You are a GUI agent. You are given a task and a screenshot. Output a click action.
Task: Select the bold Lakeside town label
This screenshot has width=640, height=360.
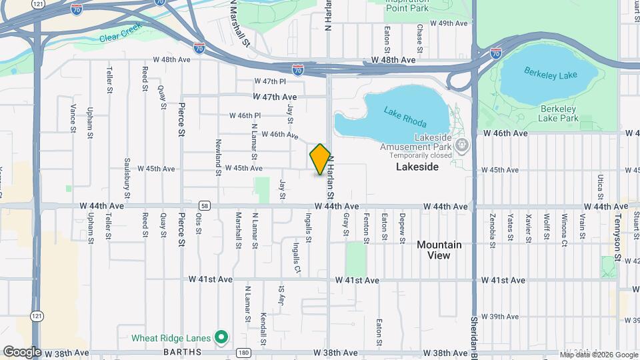click(417, 167)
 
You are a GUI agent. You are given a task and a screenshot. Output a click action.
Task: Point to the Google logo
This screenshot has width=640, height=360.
click(22, 351)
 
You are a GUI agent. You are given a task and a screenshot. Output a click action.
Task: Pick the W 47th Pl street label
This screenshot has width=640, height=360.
click(269, 81)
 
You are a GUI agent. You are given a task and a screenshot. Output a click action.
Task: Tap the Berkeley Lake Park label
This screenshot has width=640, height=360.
click(559, 113)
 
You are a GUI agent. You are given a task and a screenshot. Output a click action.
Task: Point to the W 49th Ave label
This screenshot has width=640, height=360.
click(450, 23)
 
